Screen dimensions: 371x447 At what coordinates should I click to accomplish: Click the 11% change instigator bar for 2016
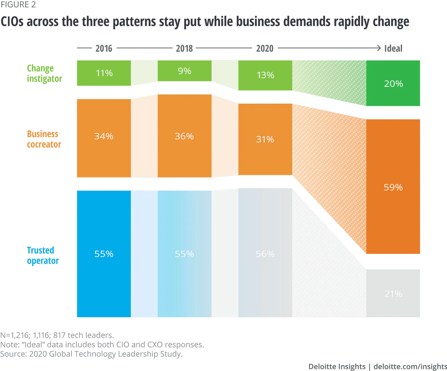104,73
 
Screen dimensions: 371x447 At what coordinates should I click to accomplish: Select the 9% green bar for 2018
184,71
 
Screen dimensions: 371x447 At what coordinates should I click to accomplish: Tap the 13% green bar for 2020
265,75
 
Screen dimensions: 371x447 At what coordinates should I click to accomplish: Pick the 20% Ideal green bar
393,83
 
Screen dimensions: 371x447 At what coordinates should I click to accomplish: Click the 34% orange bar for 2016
104,138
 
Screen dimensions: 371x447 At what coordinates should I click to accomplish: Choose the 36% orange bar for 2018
184,136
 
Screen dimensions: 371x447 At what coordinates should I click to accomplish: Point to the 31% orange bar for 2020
265,139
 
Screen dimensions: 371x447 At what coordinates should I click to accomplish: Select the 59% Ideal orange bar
393,187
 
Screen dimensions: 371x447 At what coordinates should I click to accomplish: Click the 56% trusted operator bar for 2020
265,253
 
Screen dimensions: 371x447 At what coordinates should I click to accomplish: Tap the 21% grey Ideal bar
393,293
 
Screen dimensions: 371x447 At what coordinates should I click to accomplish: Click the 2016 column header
104,48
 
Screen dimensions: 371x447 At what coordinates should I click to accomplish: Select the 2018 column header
184,48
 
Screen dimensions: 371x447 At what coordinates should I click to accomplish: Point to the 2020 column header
265,48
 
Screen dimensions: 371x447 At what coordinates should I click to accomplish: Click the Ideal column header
393,48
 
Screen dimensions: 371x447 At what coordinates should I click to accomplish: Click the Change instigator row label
44,73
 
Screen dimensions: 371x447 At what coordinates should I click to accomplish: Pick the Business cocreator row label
44,139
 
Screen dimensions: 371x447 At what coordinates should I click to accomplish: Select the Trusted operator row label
43,255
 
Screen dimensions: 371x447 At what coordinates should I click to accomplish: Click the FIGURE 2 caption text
18,5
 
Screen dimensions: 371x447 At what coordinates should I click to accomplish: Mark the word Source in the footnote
13,354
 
